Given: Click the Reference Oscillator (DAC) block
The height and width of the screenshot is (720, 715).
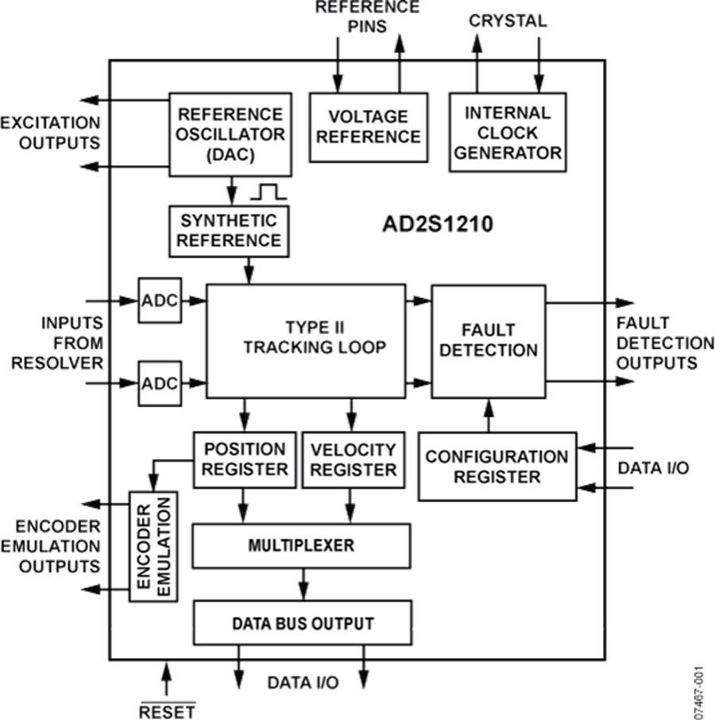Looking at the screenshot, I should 229,134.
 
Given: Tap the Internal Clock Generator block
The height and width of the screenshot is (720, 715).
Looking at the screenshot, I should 508,132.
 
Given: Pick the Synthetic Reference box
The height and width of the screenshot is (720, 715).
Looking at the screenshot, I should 228,230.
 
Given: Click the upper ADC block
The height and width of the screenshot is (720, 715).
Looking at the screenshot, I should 160,301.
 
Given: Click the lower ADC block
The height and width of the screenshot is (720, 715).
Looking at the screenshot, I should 160,383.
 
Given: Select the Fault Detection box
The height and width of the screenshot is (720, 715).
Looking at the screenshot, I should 488,340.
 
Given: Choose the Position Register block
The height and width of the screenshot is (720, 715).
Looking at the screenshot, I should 244,459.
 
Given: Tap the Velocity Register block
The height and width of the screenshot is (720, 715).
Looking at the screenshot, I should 353,459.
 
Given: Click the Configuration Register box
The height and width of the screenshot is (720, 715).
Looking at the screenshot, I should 497,466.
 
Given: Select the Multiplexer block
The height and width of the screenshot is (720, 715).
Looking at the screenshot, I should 301,546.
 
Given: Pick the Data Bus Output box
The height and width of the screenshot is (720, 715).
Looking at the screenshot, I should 302,623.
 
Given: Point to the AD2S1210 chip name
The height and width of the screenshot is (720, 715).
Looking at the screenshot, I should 437,225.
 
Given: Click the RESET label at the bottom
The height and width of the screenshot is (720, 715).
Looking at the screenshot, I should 167,710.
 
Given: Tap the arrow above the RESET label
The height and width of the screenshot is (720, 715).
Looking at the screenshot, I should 166,679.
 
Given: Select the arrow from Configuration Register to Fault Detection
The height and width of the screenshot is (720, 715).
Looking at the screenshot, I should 488,415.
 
